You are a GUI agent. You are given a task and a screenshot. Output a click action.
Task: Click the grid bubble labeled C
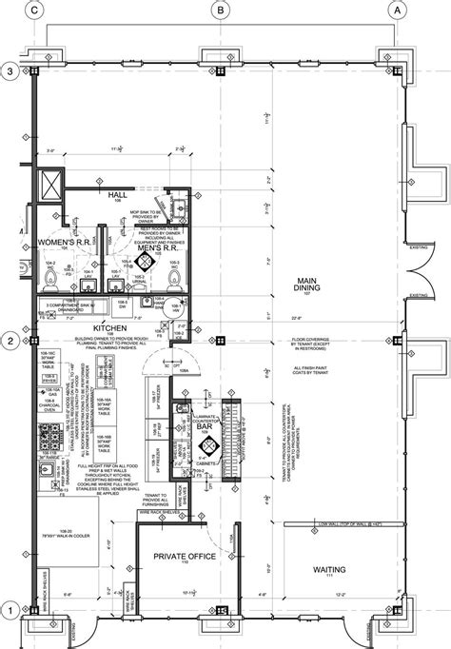(35, 10)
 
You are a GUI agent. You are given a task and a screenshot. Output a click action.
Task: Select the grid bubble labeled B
(220, 10)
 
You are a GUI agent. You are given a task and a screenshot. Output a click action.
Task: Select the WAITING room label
(329, 569)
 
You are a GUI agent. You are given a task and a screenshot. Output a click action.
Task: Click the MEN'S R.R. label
(157, 246)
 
